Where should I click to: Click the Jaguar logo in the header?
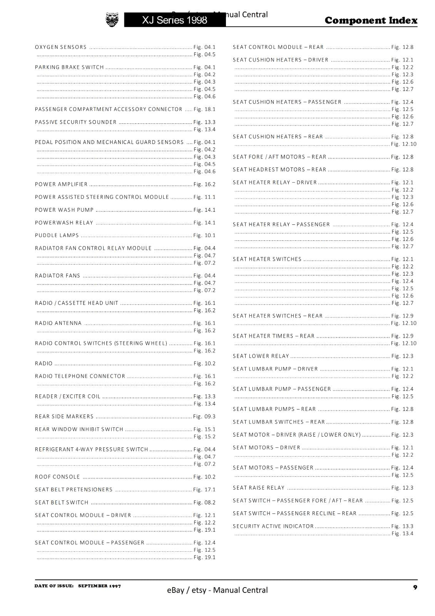[x=112, y=20]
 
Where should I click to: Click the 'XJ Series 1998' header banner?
[x=175, y=20]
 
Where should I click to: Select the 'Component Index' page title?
[x=371, y=20]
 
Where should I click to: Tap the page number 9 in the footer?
[x=415, y=587]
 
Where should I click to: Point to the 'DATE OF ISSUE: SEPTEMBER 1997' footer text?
[x=78, y=586]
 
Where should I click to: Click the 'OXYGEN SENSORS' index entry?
[x=61, y=47]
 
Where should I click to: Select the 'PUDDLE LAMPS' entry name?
[x=57, y=236]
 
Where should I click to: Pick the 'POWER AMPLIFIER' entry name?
[x=61, y=184]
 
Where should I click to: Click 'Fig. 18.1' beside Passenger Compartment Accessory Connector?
[x=204, y=109]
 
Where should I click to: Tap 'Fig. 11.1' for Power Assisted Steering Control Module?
[x=204, y=197]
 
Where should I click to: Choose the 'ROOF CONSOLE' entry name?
[x=57, y=477]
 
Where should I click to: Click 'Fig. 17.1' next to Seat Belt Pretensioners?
[x=204, y=490]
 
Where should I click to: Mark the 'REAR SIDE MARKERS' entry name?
[x=64, y=417]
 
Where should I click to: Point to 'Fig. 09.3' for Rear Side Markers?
[x=204, y=417]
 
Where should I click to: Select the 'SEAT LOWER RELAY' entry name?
[x=261, y=356]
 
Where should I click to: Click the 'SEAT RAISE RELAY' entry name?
[x=259, y=488]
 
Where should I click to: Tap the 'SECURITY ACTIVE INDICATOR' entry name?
[x=273, y=526]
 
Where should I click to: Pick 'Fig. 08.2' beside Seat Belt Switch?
[x=204, y=502]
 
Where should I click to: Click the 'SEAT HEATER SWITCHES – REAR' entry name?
[x=278, y=316]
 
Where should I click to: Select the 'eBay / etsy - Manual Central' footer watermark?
[x=217, y=590]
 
